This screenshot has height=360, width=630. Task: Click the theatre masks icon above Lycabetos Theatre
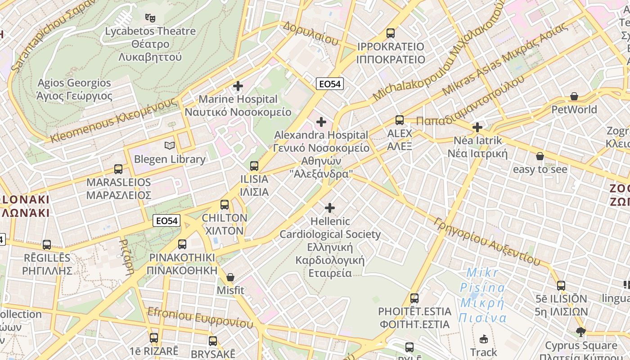point(150,18)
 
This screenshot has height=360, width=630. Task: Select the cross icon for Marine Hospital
point(238,85)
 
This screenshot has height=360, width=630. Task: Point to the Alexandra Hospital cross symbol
point(321,121)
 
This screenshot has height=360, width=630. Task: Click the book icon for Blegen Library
point(170,145)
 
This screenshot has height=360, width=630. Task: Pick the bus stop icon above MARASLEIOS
point(118,169)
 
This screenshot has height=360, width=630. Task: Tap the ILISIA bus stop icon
point(254,166)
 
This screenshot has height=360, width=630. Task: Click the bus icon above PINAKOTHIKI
point(182,244)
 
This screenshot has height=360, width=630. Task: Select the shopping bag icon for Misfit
point(230,277)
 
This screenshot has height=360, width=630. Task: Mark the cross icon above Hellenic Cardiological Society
point(330,207)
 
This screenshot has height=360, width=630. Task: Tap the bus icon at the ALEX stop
point(400,120)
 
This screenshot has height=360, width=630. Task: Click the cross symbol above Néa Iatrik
point(477,127)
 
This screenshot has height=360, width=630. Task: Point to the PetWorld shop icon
point(574,96)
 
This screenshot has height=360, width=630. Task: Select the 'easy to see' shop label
point(540,169)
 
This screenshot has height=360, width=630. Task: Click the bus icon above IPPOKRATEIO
point(391,33)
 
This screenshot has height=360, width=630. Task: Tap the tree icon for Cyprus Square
point(581,332)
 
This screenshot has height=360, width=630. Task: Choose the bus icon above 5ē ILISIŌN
point(561,285)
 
